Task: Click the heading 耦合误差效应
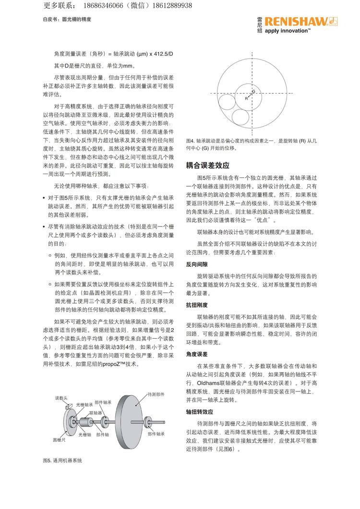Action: pos(207,166)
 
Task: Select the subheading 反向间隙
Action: pos(197,264)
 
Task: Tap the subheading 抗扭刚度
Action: pos(197,305)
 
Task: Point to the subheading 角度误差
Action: pos(197,354)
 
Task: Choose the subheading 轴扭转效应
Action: pos(200,412)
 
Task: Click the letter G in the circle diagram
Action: pos(253,91)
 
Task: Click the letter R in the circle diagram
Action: pos(246,98)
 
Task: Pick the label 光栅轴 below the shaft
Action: pos(84,434)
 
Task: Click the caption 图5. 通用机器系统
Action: pos(62,460)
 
